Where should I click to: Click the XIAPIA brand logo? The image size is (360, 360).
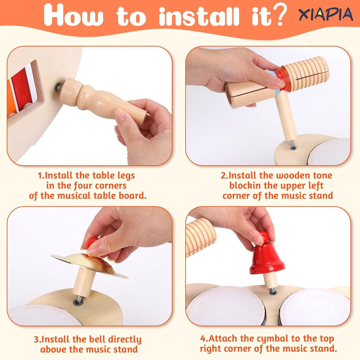click(326, 14)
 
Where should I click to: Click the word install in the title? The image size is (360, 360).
click(199, 16)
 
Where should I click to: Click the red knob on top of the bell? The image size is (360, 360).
click(264, 236)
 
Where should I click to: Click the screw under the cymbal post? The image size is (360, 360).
click(78, 301)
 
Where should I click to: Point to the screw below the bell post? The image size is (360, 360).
click(273, 292)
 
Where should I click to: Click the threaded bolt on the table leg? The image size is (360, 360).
click(58, 87)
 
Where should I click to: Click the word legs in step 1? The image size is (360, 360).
click(126, 176)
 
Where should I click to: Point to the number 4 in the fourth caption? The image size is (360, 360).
click(203, 338)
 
